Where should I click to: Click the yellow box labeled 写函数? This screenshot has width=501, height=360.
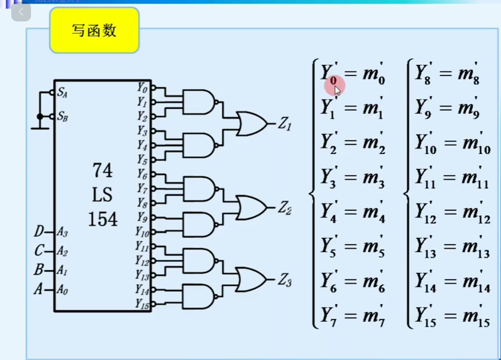coord(94,30)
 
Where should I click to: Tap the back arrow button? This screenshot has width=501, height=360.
coord(21,12)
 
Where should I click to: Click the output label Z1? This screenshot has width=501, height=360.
coord(285,124)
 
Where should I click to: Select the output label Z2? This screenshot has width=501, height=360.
coord(285,208)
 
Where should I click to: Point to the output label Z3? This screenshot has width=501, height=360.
coord(285,280)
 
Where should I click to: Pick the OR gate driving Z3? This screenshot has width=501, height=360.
coord(251,280)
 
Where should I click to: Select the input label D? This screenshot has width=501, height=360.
coord(39,231)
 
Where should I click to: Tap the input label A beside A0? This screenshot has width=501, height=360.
coord(39,289)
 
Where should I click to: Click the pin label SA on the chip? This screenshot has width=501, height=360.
coord(62,92)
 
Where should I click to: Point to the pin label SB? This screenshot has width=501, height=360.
coord(62,116)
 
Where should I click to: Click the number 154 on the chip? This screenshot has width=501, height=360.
coord(103,219)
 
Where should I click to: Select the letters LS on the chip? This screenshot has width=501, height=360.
coord(102,195)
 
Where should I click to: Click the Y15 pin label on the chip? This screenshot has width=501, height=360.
coord(142,304)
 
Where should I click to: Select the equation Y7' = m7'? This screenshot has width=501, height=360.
coord(352,316)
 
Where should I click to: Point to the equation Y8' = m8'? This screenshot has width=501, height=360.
coord(447,74)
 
